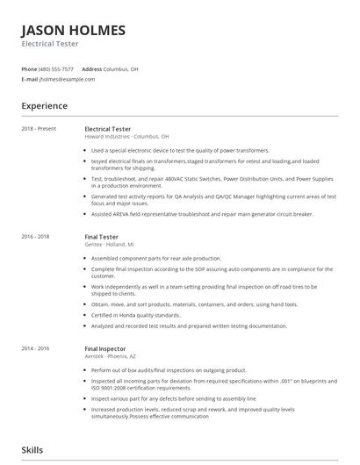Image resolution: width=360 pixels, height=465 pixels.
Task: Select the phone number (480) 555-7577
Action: coord(57,68)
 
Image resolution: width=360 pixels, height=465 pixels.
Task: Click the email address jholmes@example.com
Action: coord(66,79)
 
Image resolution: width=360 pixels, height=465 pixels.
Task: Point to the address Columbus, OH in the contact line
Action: coord(122,68)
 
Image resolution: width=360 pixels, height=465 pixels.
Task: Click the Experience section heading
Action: coord(45,106)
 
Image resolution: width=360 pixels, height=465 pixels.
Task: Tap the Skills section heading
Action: coord(33,449)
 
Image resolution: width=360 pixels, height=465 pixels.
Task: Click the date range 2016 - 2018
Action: coord(35,237)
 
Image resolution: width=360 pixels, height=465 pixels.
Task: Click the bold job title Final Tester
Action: coord(101,237)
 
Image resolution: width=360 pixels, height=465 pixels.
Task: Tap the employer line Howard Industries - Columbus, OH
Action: coord(126,137)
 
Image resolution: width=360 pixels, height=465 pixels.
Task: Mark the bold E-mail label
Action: coord(29,79)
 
